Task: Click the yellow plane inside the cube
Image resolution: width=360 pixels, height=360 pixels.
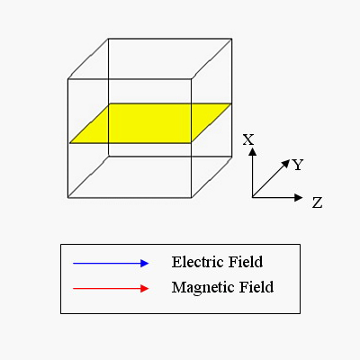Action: (x=150, y=123)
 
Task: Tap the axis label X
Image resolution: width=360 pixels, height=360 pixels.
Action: (x=248, y=139)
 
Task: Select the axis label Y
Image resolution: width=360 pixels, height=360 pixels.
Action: (x=298, y=165)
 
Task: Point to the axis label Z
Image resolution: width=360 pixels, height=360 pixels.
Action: (x=317, y=202)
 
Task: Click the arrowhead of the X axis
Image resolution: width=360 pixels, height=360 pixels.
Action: (x=253, y=152)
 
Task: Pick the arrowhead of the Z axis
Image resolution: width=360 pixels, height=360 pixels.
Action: (x=299, y=197)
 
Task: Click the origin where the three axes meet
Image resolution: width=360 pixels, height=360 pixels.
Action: (x=253, y=197)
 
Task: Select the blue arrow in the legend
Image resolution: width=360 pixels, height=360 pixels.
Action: (x=111, y=264)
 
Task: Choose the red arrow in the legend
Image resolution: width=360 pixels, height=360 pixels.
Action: (x=111, y=289)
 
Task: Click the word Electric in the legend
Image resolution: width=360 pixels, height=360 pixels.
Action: (x=198, y=262)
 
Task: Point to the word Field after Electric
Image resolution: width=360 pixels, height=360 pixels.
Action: (x=246, y=262)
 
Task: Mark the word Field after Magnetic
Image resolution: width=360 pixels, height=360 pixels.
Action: (x=256, y=287)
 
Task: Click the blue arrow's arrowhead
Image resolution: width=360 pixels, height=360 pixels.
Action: (x=145, y=264)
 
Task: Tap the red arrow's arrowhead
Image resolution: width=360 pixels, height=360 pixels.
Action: (x=145, y=289)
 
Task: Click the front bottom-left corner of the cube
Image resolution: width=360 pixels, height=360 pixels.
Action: (x=68, y=198)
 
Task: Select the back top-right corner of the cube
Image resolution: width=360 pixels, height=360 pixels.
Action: (x=231, y=39)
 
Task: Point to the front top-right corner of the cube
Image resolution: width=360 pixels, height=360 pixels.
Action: (x=192, y=79)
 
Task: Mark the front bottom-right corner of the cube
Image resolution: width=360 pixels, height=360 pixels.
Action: (x=192, y=198)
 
